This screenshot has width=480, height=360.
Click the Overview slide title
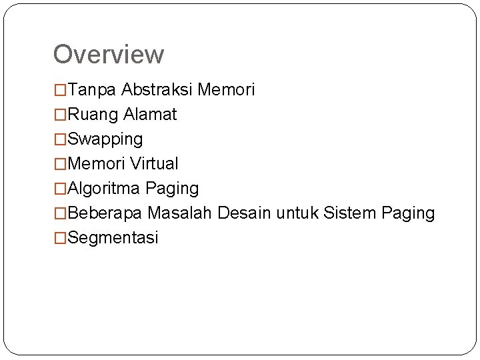pos(108,55)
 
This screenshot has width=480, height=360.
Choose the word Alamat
pos(150,115)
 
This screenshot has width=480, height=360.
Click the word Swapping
pos(105,139)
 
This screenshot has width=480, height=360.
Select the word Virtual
pos(155,164)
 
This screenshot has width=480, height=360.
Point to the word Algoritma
pos(103,189)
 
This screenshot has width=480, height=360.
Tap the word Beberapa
pos(105,213)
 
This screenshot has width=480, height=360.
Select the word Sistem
pos(350,213)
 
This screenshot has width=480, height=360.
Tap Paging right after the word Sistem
pos(408,214)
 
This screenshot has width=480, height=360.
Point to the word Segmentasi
pos(113,238)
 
